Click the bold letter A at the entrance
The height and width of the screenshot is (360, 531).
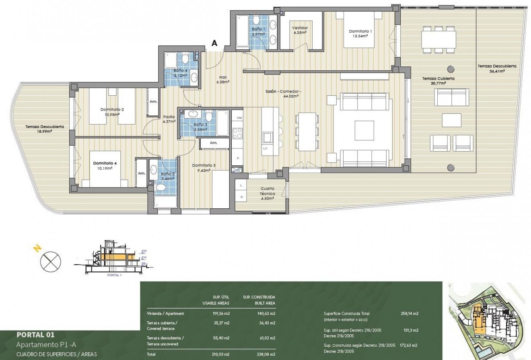[x=214, y=44]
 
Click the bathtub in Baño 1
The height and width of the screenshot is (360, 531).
[x=243, y=31]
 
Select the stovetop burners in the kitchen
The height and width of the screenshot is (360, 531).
[x=237, y=133]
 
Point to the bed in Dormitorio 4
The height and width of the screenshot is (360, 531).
[x=105, y=169]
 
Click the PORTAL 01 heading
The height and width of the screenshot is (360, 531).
[x=35, y=334]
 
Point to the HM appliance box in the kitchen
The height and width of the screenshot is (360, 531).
[x=239, y=117]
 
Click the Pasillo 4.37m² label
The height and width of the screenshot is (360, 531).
[x=169, y=119]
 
